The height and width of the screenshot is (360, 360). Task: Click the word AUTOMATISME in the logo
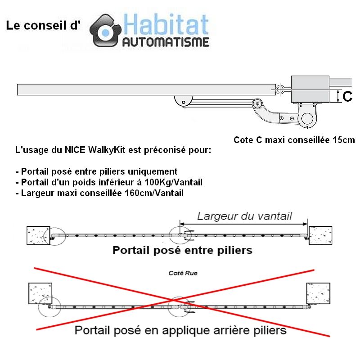[166, 42]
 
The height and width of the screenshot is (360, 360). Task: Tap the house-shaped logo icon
[105, 31]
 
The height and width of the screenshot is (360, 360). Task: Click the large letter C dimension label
[347, 96]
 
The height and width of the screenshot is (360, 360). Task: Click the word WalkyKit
[107, 150]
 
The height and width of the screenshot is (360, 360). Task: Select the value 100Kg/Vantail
[173, 182]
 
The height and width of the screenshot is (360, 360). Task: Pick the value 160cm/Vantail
[154, 193]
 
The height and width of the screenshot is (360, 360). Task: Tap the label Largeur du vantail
[244, 216]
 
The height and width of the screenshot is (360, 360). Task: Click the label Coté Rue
[183, 273]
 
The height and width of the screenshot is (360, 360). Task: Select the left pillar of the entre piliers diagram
[38, 235]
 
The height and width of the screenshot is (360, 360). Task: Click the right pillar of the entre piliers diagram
[320, 235]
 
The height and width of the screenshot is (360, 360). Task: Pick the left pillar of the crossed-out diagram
[40, 293]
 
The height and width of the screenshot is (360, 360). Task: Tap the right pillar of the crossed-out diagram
[318, 293]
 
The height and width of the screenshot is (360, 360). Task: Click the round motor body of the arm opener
[307, 118]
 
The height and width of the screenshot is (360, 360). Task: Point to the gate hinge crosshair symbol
[279, 89]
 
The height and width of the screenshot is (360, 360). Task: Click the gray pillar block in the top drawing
[310, 89]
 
